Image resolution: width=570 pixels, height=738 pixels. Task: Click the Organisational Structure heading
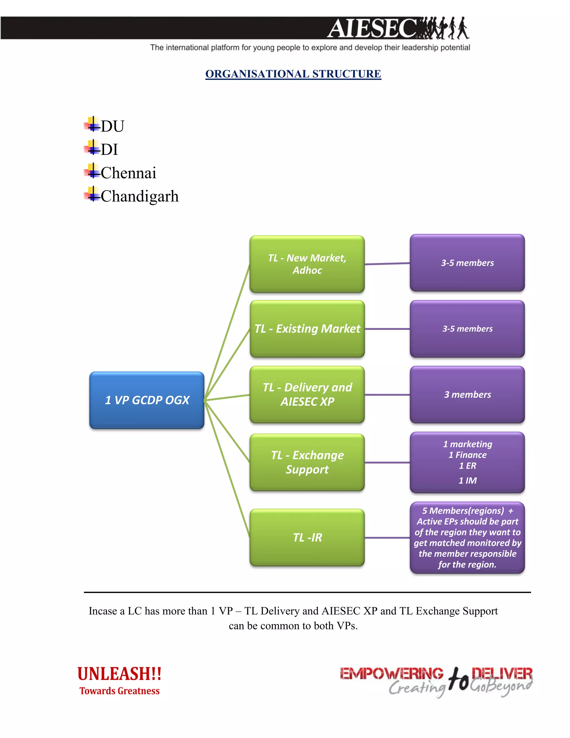[293, 74]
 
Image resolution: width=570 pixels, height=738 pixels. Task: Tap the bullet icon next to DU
[92, 124]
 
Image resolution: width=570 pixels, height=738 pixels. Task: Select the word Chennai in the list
[128, 173]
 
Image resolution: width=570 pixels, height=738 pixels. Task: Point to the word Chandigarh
[139, 196]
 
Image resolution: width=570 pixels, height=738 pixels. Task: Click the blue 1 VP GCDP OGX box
[147, 400]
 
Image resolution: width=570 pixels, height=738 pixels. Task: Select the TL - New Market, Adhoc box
[307, 264]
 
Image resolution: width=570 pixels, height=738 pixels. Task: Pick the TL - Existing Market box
[307, 329]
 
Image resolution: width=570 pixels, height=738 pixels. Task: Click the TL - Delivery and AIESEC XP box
[307, 394]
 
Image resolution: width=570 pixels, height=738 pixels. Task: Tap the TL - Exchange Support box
[307, 462]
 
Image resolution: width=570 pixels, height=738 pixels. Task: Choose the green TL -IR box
[307, 537]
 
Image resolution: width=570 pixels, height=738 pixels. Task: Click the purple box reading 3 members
[467, 395]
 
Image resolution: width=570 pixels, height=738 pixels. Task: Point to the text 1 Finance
[467, 455]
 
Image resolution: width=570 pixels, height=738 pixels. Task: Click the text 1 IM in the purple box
[467, 480]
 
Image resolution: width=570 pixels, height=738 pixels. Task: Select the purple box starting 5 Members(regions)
[467, 537]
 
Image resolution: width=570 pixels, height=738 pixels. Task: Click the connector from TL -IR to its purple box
[387, 537]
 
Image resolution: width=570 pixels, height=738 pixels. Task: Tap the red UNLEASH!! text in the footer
[119, 674]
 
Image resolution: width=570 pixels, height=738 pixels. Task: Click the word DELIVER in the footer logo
[502, 673]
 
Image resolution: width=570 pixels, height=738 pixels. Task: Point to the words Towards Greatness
[119, 691]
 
